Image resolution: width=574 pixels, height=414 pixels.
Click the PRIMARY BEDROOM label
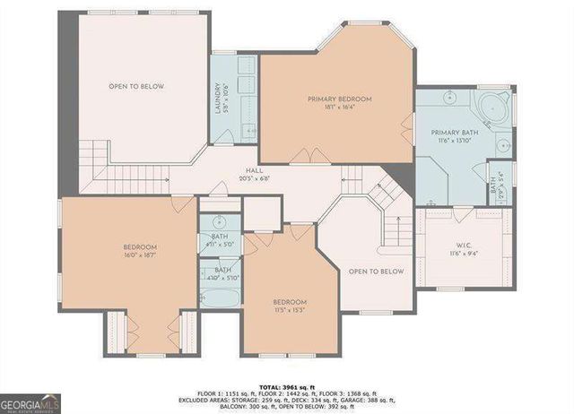coord(339,99)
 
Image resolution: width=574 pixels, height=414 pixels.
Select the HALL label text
coord(254,169)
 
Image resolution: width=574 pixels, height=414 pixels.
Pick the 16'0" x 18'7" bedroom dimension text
coord(140,255)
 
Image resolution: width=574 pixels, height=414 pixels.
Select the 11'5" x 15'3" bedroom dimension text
coord(291,310)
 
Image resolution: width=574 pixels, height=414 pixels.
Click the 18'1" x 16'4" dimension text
coord(339,107)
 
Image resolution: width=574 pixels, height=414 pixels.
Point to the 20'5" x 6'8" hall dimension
coord(254,177)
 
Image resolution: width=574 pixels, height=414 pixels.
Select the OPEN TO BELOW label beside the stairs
coord(376,272)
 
